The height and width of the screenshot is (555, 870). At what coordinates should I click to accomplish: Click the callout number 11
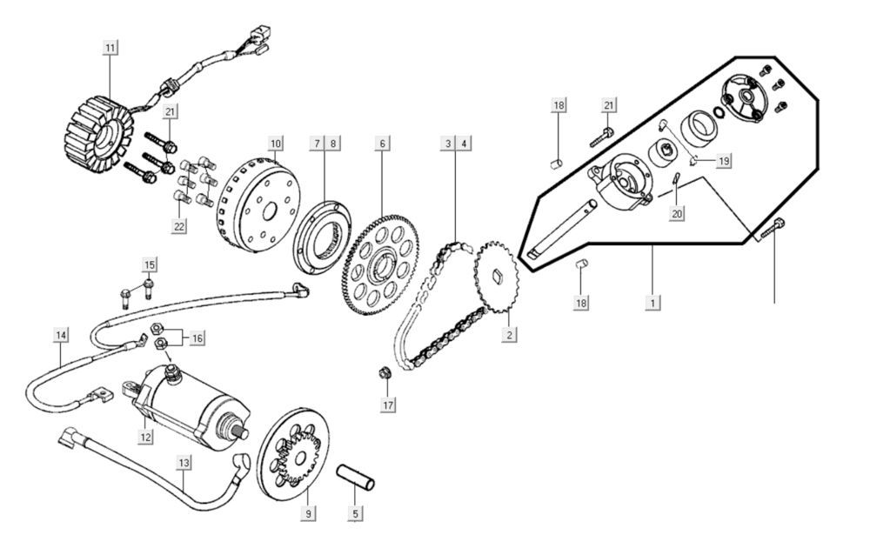click(110, 48)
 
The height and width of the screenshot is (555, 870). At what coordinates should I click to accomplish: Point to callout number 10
click(276, 142)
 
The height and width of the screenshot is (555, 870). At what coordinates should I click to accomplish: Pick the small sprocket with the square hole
click(496, 279)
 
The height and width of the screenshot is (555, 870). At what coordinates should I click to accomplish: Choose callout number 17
click(388, 405)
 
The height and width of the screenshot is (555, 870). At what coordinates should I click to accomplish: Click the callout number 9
click(308, 513)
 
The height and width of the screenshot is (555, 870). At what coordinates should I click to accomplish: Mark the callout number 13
click(184, 464)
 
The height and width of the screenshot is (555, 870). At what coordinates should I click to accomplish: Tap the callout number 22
click(180, 225)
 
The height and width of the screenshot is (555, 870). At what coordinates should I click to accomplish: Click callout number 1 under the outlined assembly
click(651, 303)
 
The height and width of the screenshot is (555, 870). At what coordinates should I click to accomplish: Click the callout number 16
click(197, 338)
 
